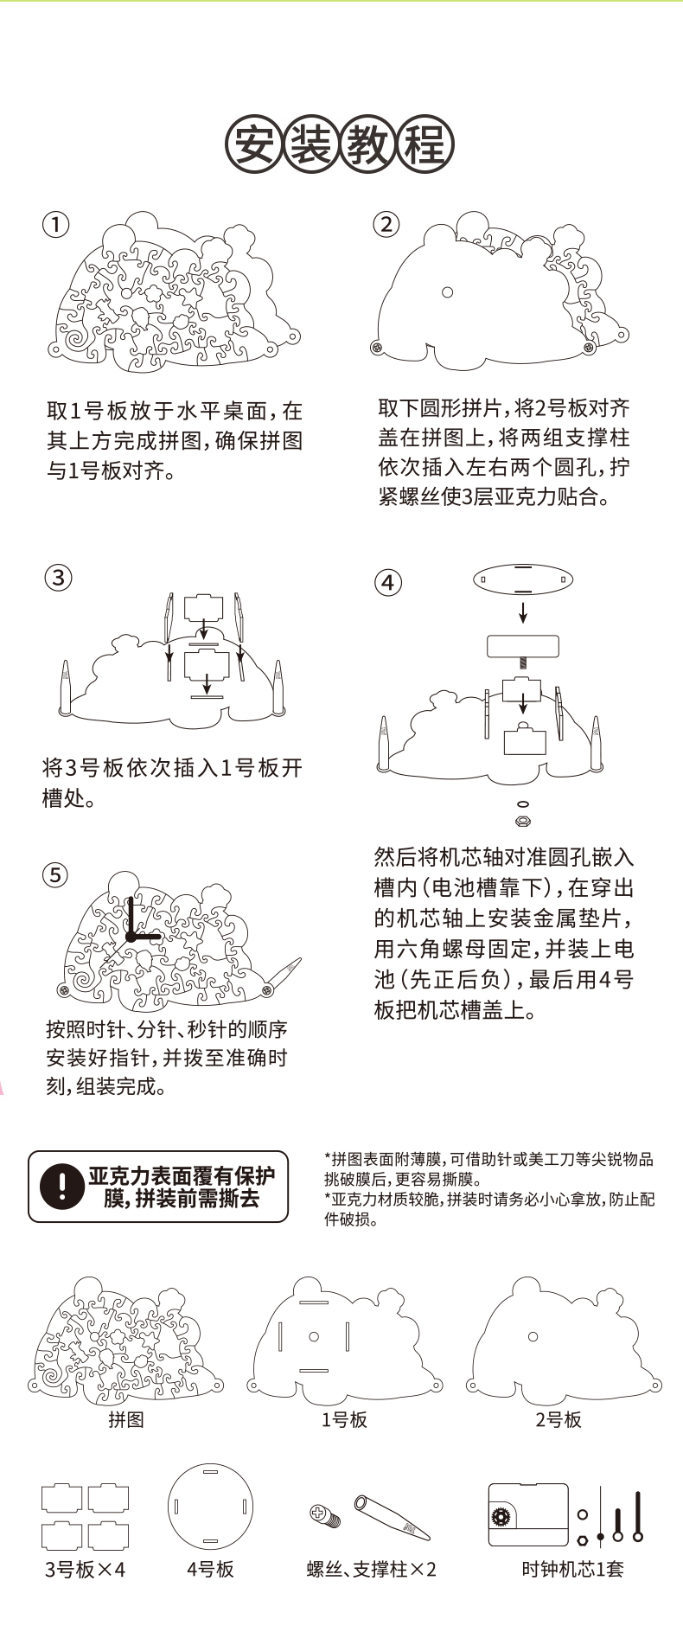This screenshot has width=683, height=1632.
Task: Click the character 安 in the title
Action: click(253, 144)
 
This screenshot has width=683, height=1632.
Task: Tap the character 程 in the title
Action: click(425, 144)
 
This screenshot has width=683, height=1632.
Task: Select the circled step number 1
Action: click(56, 225)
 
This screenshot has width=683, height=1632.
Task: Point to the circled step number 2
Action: click(386, 225)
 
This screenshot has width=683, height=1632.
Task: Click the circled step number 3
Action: click(57, 577)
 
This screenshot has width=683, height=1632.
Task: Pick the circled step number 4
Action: click(388, 582)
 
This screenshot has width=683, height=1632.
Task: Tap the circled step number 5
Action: click(55, 875)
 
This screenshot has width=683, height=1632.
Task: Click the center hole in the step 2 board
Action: click(447, 292)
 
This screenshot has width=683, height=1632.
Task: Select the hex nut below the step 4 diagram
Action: click(522, 820)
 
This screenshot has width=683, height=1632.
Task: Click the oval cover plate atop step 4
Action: click(523, 579)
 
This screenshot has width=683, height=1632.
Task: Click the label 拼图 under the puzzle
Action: click(126, 1419)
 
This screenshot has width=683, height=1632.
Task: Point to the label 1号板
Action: click(344, 1419)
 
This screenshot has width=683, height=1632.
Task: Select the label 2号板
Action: click(559, 1419)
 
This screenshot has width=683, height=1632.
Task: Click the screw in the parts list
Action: click(324, 1514)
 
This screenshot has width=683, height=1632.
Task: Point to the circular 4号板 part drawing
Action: click(210, 1507)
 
